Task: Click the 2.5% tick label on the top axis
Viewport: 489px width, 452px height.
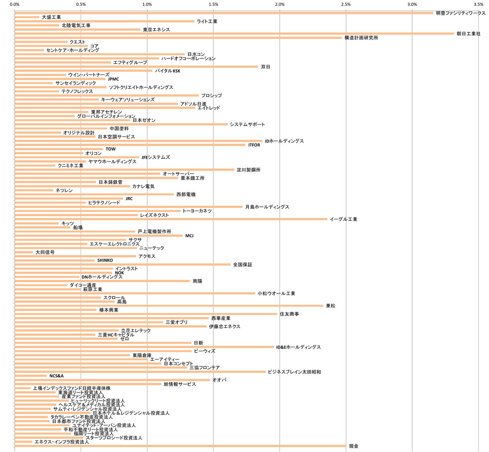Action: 346,5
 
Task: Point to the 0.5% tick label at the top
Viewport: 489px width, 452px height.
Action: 81,5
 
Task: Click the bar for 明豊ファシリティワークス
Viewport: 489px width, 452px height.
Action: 224,13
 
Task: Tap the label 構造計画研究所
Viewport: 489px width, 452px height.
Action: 361,38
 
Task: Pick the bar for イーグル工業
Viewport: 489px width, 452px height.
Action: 171,219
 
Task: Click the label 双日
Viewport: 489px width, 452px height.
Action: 265,67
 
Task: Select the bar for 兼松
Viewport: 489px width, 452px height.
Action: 169,305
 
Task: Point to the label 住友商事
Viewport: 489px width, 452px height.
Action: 289,314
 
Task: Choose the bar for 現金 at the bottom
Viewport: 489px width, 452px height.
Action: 180,446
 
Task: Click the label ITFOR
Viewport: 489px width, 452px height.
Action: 254,145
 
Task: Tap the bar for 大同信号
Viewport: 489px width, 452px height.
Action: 24,252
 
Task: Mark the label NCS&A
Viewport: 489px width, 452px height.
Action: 56,376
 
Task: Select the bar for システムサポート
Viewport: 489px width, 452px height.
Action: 121,124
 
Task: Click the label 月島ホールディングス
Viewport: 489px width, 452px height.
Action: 267,207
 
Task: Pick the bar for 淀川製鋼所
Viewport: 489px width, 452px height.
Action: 124,170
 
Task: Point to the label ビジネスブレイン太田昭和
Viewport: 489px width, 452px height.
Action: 294,372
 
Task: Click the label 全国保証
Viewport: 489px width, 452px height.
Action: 242,265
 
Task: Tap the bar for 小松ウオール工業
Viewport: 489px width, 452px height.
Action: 134,293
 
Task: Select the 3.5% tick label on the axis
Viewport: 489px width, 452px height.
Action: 478,5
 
